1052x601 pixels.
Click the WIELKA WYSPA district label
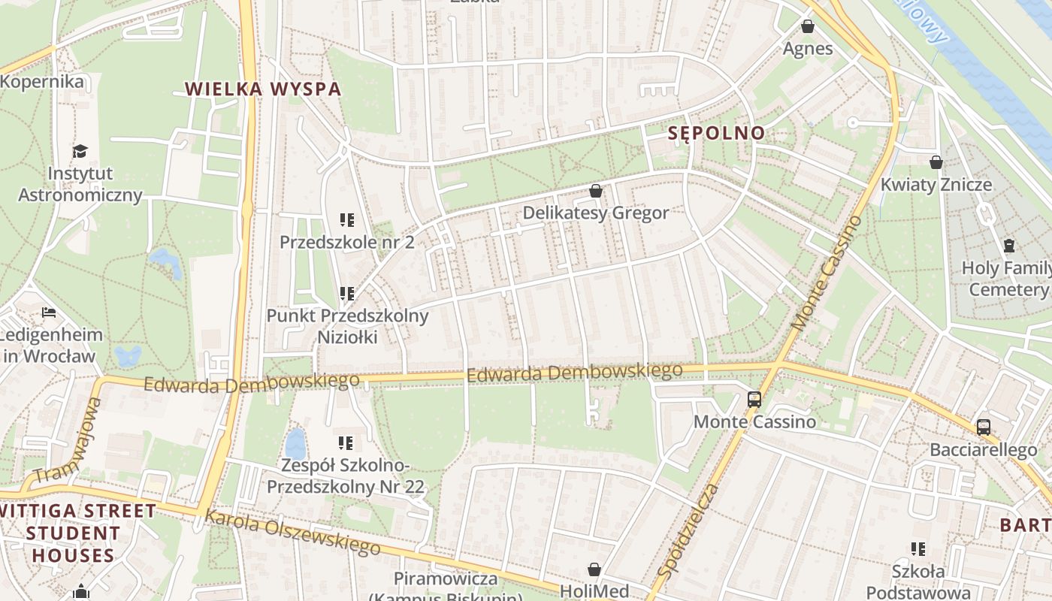tap(263, 89)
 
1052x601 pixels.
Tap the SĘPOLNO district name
tap(717, 134)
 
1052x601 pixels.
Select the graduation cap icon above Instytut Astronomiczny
tap(80, 152)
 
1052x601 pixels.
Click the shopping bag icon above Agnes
tap(808, 27)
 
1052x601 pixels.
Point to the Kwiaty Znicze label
tap(936, 185)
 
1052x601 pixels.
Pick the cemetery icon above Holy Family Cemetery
tap(1008, 246)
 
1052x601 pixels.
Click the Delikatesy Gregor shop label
tap(595, 213)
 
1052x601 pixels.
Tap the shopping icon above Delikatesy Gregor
tap(596, 191)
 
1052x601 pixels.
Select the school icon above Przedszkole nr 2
tap(346, 220)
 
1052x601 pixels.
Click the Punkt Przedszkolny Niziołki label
tap(347, 326)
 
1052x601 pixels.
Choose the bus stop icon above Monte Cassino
tap(754, 400)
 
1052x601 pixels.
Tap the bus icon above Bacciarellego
tap(983, 427)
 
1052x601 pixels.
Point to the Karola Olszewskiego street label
tap(292, 533)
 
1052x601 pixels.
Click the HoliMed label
tap(594, 591)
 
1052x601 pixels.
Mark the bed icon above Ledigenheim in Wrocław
tap(49, 313)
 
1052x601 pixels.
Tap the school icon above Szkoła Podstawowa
tap(917, 549)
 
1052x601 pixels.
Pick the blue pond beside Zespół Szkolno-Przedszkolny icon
tap(295, 443)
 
